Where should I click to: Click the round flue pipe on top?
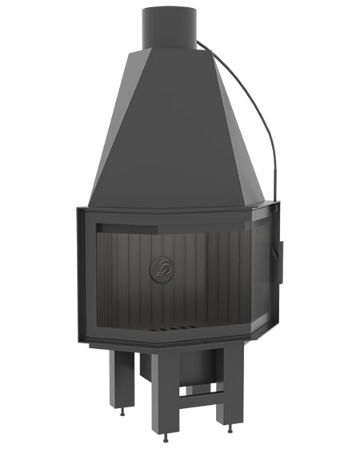point(170,28)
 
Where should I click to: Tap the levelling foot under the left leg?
point(121,413)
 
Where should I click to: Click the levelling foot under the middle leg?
point(163,435)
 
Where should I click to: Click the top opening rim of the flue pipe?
point(170,10)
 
